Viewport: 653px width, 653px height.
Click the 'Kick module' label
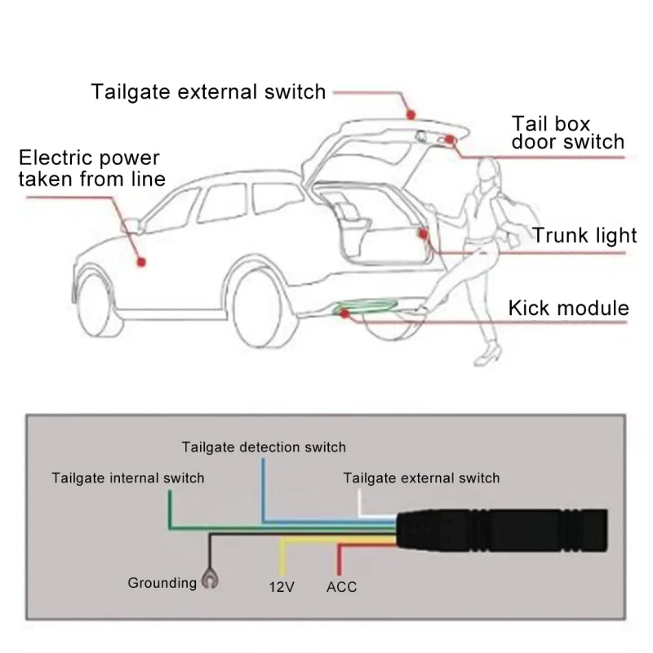[568, 308]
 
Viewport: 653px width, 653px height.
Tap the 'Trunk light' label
[584, 235]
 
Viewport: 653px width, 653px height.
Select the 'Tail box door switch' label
[568, 132]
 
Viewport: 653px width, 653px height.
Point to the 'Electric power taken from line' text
[90, 168]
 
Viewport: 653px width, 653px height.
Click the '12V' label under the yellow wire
[281, 586]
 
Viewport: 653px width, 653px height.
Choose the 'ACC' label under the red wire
[341, 586]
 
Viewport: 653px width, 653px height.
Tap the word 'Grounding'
[162, 583]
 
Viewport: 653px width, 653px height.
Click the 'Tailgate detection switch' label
[264, 446]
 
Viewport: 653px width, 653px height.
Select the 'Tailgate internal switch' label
[127, 478]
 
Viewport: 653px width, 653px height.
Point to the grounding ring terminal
[210, 581]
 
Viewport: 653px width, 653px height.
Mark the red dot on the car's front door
[141, 261]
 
